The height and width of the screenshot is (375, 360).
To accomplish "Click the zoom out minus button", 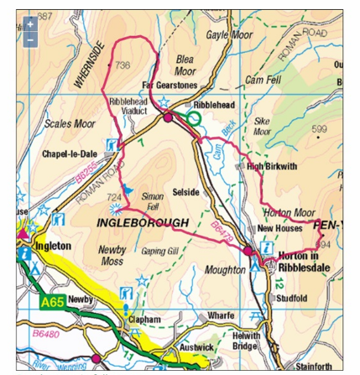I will point(30,39).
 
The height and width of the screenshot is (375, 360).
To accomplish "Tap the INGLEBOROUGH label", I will point(143,223).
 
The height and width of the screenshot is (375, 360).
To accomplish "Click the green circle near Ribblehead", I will point(194,120).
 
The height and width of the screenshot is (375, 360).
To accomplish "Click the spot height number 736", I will point(123,65).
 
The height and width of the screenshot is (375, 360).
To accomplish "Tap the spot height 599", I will point(319,128).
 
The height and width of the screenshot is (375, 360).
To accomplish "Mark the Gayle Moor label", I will point(228,35).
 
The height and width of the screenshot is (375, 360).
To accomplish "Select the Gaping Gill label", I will point(159,251).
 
